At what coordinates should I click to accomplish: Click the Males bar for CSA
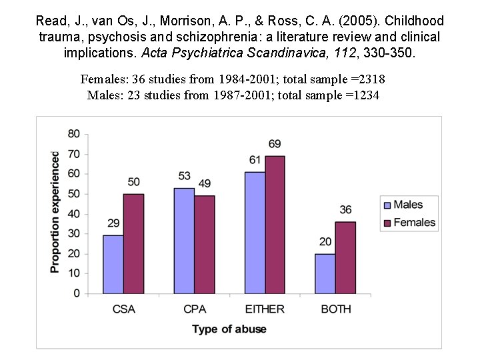pyautogui.click(x=113, y=264)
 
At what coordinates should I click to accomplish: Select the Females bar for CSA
pyautogui.click(x=133, y=243)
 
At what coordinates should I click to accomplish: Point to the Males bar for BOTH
pyautogui.click(x=325, y=273)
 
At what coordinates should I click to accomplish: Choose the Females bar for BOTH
pyautogui.click(x=345, y=257)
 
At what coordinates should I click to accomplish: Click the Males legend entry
pyautogui.click(x=407, y=205)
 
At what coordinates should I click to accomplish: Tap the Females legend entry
pyautogui.click(x=413, y=222)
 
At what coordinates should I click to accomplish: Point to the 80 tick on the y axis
pyautogui.click(x=73, y=134)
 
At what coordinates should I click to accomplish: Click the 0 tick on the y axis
pyautogui.click(x=77, y=293)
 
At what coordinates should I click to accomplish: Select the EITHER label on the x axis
pyautogui.click(x=265, y=309)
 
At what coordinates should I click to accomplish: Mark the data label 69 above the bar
pyautogui.click(x=275, y=144)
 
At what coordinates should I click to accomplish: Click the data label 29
pyautogui.click(x=113, y=223)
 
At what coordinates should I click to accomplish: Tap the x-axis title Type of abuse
pyautogui.click(x=229, y=329)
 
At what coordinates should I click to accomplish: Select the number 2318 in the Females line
pyautogui.click(x=371, y=80)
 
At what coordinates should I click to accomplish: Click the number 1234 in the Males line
pyautogui.click(x=365, y=95)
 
